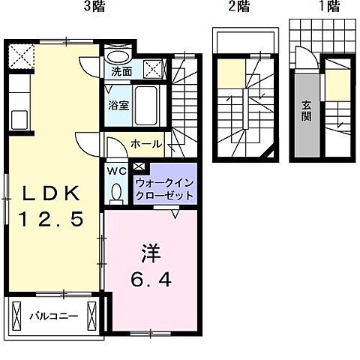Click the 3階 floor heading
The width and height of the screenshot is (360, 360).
[x=94, y=7]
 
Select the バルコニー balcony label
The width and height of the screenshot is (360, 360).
[x=53, y=315]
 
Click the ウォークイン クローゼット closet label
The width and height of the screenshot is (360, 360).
[x=164, y=189]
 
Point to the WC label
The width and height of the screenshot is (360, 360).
[x=117, y=171]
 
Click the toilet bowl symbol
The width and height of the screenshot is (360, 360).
[x=116, y=193]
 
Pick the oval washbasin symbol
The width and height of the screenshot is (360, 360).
[x=116, y=56]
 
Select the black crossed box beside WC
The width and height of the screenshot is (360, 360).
[x=139, y=168]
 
